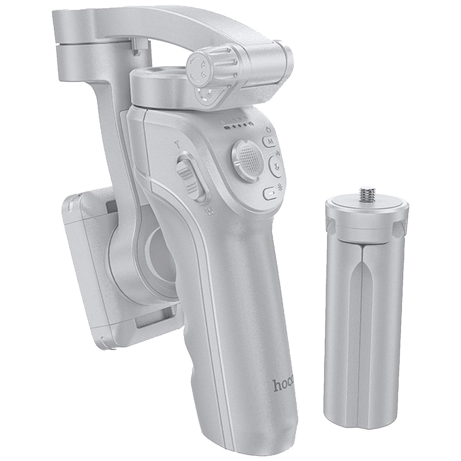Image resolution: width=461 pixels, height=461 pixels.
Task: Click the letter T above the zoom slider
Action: point(177,145)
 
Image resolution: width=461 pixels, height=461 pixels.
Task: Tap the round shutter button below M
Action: point(276,166)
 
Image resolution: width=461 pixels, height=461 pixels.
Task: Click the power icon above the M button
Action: point(269,130)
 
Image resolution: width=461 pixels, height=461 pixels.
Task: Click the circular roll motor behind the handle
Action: point(158,254)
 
